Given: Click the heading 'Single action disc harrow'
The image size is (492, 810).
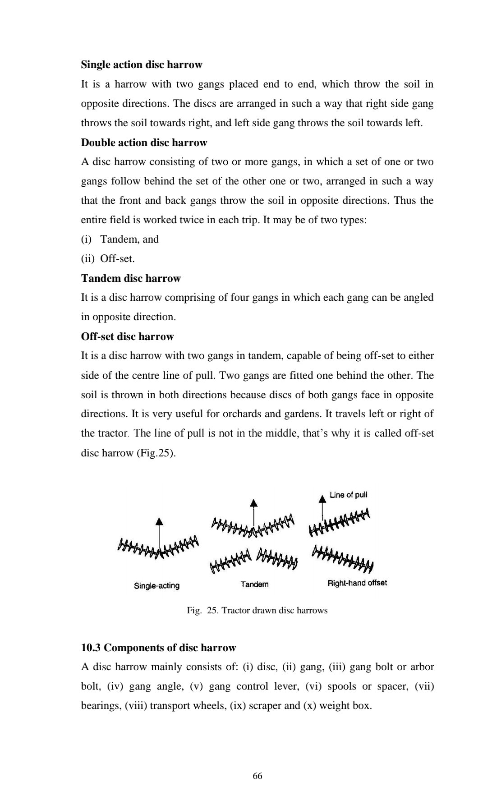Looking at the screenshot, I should tap(142, 65).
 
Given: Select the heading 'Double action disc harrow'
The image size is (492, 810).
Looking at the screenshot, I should tap(144, 143).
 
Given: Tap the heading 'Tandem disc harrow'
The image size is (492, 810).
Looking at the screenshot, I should tap(131, 279).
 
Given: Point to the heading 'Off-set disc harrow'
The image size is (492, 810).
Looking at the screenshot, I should tap(127, 337).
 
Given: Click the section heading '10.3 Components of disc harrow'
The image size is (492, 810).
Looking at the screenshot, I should tap(158, 648).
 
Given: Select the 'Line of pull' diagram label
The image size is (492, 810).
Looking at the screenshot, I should tap(348, 495).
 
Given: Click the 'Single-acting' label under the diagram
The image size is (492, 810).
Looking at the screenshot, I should tap(156, 586).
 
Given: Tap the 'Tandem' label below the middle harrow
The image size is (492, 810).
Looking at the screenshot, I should tap(254, 584).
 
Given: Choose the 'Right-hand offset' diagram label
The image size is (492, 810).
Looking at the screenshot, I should tap(357, 583).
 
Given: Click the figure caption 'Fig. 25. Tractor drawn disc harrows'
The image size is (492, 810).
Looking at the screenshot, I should tap(257, 611).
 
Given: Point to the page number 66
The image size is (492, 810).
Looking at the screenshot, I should tap(257, 776).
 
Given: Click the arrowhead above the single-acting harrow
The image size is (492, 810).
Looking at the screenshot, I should tap(159, 521).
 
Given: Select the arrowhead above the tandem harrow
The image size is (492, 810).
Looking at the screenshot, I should tap(254, 502).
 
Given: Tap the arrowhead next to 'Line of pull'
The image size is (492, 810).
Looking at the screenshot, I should tap(322, 498).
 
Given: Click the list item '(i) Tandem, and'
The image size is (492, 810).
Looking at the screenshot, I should tap(120, 239).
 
